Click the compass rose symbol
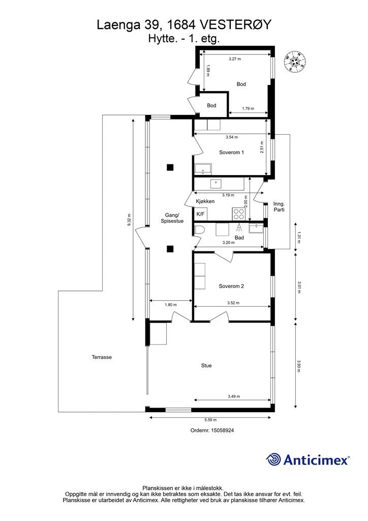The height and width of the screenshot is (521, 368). [x=295, y=62]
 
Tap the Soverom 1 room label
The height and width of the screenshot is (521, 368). [x=232, y=153]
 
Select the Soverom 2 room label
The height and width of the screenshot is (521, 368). [x=231, y=286]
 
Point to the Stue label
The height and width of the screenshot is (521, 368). [x=206, y=365]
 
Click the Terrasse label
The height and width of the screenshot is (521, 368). [x=102, y=357]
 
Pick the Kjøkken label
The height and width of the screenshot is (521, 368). [x=205, y=201]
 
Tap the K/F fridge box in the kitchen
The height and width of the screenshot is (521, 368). [x=200, y=214]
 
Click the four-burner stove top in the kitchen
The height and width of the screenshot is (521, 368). [x=238, y=213]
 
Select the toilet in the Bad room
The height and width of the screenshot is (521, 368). [x=198, y=229]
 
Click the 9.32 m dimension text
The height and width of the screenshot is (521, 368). [x=129, y=220]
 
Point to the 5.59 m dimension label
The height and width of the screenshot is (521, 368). [x=210, y=420]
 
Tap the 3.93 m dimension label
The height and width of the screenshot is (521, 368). [x=299, y=366]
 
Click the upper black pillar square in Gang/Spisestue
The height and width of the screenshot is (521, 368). [x=170, y=167]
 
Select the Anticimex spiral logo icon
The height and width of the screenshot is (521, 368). [x=273, y=459]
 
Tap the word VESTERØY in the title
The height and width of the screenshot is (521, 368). [x=236, y=25]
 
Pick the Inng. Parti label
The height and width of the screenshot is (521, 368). [x=279, y=207]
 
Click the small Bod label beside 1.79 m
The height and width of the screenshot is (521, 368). [x=211, y=105]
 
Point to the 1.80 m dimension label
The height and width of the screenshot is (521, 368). [x=171, y=305]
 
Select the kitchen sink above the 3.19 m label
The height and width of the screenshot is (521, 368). [x=216, y=183]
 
